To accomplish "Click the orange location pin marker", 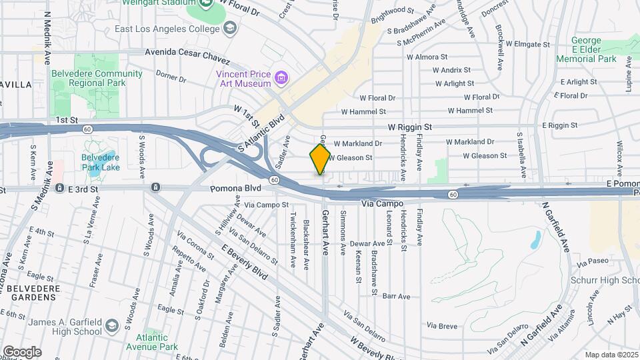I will click(320, 159).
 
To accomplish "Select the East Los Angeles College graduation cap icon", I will click(230, 27).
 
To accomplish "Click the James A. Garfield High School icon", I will click(111, 326).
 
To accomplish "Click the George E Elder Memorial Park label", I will click(587, 49).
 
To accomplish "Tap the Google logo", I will click(22, 352).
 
